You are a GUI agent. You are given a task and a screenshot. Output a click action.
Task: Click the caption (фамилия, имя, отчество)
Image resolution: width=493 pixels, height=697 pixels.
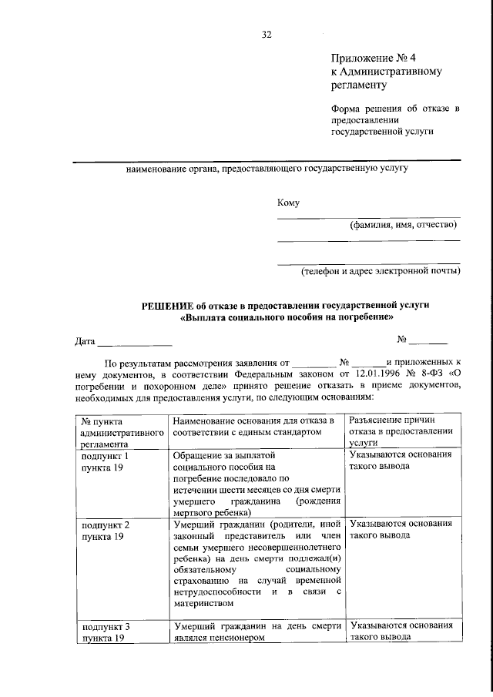[404, 225]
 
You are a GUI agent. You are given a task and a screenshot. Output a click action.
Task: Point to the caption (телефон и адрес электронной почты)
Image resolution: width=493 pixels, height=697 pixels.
[380, 271]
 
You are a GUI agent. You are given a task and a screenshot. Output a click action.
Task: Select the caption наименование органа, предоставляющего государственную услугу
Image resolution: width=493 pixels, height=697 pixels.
[267, 167]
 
